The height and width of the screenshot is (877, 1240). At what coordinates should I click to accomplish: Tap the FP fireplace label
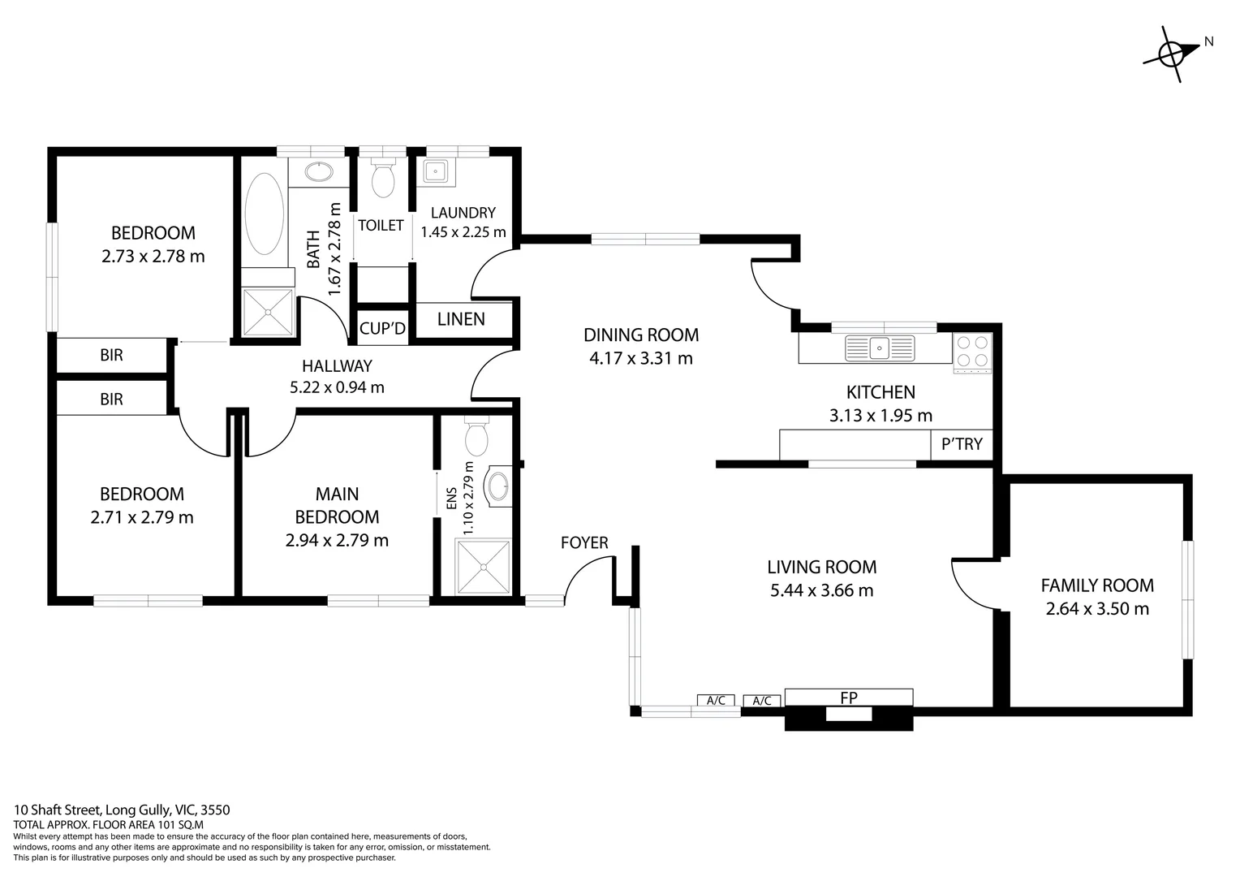click(x=849, y=698)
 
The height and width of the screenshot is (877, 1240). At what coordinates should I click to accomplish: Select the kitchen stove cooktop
click(x=972, y=352)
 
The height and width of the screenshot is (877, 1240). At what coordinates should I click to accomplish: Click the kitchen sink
click(x=880, y=348)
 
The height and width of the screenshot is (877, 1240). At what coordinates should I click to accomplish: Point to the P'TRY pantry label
click(x=962, y=444)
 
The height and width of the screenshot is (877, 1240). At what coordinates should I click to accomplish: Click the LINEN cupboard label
click(x=461, y=319)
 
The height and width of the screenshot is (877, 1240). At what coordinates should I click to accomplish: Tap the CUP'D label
click(x=382, y=329)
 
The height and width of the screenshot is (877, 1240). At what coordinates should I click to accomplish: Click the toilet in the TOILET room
click(x=382, y=179)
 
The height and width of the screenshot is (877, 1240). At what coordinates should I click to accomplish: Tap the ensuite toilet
click(x=476, y=437)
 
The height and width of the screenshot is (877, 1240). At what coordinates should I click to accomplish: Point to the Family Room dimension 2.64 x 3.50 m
click(x=1097, y=608)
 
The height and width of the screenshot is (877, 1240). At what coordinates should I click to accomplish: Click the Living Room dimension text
click(x=821, y=590)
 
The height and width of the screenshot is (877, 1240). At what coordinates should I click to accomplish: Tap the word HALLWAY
click(x=337, y=365)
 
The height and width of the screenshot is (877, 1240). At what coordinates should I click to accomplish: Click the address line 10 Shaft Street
click(x=123, y=810)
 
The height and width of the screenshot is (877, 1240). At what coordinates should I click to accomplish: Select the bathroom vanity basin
click(x=317, y=171)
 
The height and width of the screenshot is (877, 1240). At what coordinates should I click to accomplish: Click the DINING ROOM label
click(x=641, y=335)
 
